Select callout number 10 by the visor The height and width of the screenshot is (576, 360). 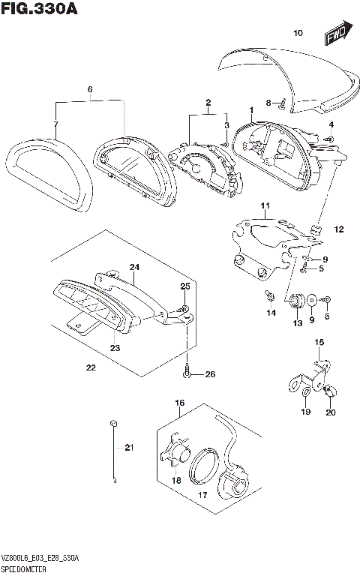[x=298, y=33]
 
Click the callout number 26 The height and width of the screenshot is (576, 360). [x=210, y=374]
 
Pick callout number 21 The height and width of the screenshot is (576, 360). [x=128, y=448]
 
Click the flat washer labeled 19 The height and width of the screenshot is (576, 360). [x=305, y=391]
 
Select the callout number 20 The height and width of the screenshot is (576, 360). [x=331, y=412]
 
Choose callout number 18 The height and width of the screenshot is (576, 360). [x=177, y=480]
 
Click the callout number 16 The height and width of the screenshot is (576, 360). [x=180, y=403]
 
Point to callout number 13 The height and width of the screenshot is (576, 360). [x=297, y=323]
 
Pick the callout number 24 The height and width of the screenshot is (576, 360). [x=135, y=267]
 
